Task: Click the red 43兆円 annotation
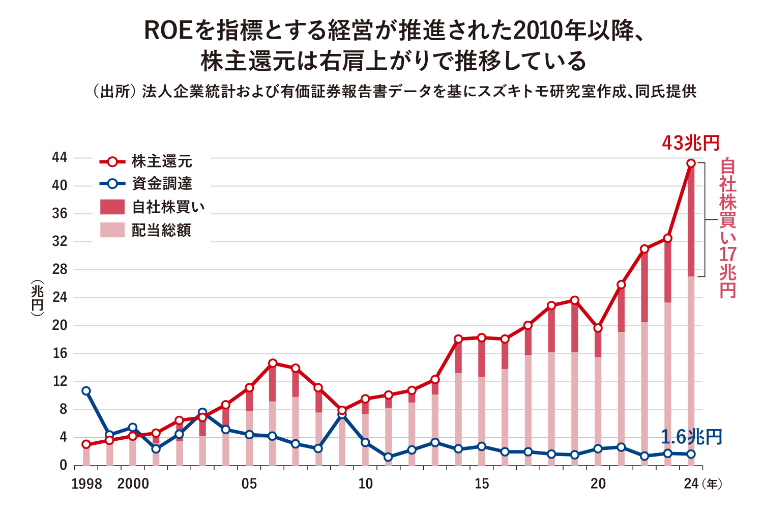pyautogui.click(x=690, y=144)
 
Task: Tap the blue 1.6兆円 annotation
pyautogui.click(x=691, y=437)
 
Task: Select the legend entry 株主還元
pyautogui.click(x=162, y=162)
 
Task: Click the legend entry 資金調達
pyautogui.click(x=162, y=184)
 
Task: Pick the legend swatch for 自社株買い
pyautogui.click(x=112, y=207)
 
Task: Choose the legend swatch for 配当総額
pyautogui.click(x=112, y=230)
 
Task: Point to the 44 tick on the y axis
pyautogui.click(x=60, y=158)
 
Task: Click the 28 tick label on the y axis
pyautogui.click(x=60, y=270)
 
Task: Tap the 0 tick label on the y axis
pyautogui.click(x=63, y=465)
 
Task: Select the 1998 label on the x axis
pyautogui.click(x=86, y=484)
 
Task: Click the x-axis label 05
pyautogui.click(x=249, y=484)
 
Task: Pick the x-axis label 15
pyautogui.click(x=482, y=484)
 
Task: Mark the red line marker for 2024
pyautogui.click(x=691, y=163)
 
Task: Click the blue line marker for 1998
pyautogui.click(x=86, y=391)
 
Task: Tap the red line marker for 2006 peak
pyautogui.click(x=273, y=363)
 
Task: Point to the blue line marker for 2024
pyautogui.click(x=691, y=454)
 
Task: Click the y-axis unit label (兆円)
pyautogui.click(x=38, y=298)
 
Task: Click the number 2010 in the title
pyautogui.click(x=536, y=32)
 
